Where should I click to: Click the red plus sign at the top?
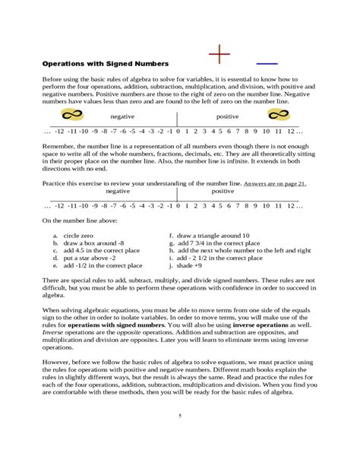pyautogui.click(x=219, y=55)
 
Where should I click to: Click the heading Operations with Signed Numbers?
pyautogui.click(x=105, y=62)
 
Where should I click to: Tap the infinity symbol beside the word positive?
pyautogui.click(x=276, y=116)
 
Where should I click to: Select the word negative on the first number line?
pyautogui.click(x=122, y=117)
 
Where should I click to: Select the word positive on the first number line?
pyautogui.click(x=228, y=117)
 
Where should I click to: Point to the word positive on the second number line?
pyautogui.click(x=223, y=192)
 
